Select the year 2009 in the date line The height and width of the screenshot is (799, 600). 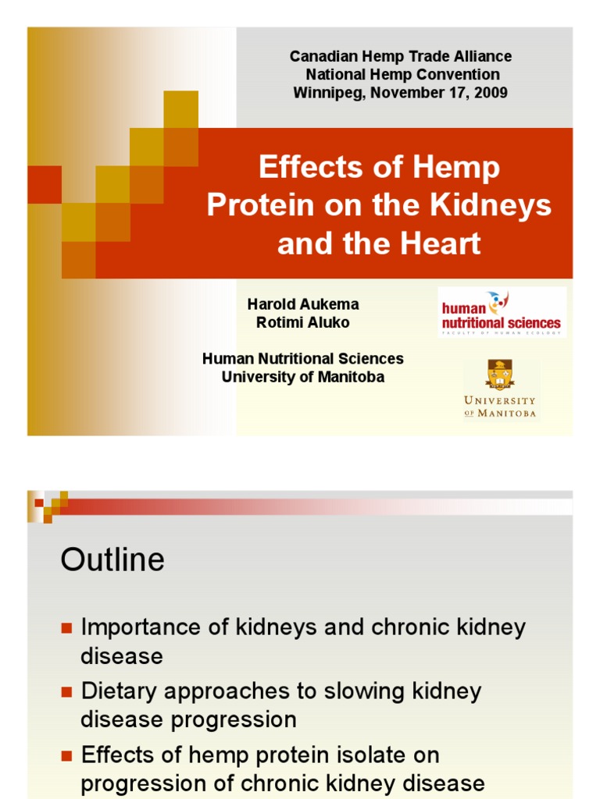coord(490,93)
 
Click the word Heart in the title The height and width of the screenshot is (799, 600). coord(439,243)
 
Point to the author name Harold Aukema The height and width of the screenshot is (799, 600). coord(303,304)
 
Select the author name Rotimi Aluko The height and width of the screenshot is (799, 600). coord(303,322)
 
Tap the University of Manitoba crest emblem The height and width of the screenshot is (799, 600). coord(500,375)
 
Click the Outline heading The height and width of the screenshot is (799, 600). coord(112,559)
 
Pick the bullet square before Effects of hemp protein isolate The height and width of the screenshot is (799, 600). coord(66,755)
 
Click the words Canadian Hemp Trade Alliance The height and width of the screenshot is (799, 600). coord(401,56)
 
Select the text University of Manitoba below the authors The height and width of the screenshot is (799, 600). coord(303,378)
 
